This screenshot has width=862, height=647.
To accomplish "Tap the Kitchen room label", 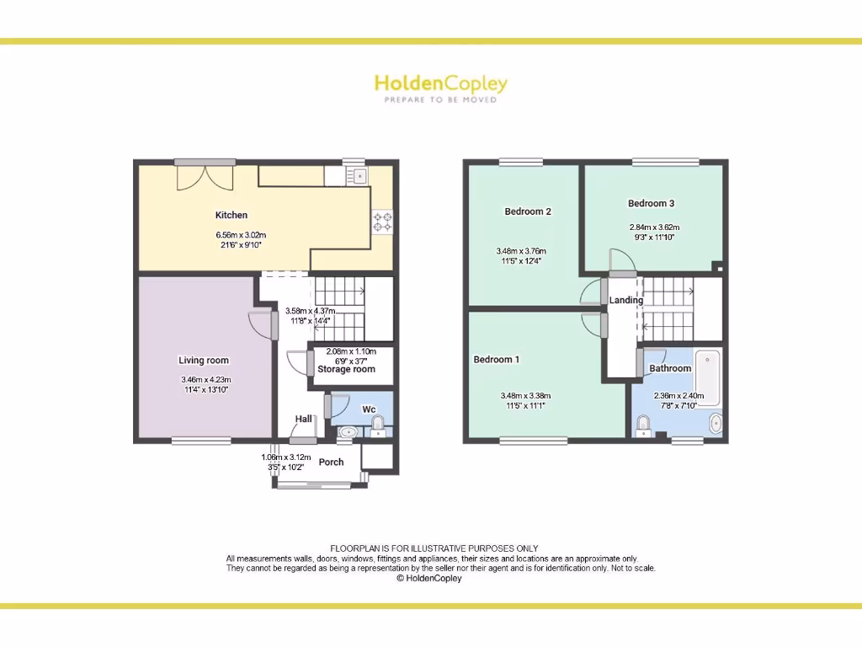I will [231, 216].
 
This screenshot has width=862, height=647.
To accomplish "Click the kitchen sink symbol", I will [359, 176].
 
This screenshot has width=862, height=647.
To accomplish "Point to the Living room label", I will [204, 361].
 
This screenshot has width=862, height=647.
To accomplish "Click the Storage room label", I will [346, 369].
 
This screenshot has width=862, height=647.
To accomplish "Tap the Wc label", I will [369, 409].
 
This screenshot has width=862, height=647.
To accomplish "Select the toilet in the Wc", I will [378, 422].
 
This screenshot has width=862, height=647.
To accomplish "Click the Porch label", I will [331, 462].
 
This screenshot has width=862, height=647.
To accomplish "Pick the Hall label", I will [303, 419].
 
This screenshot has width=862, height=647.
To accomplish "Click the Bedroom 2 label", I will [528, 211].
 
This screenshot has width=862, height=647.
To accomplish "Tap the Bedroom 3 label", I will [651, 203].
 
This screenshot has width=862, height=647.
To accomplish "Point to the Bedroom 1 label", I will [497, 360].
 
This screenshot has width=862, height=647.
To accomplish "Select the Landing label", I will [626, 300].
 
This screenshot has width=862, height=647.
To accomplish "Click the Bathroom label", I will [670, 368].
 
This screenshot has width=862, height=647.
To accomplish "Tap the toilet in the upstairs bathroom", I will [644, 427].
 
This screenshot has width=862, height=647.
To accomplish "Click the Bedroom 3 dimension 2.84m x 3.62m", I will [654, 227].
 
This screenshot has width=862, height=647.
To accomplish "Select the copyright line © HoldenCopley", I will [429, 579].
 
